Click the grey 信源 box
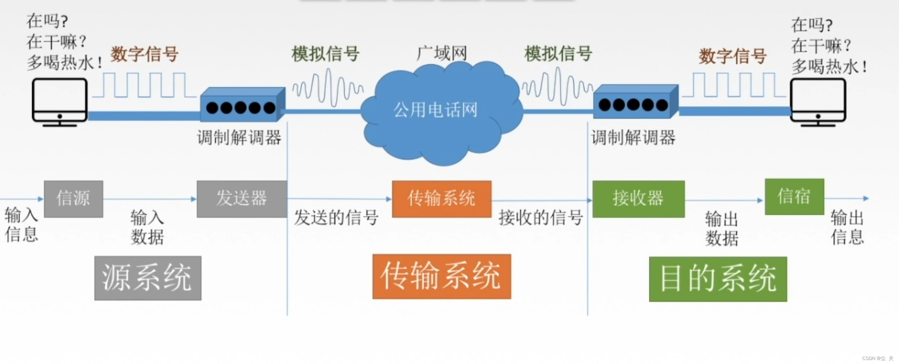[x=74, y=199]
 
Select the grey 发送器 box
[x=242, y=199]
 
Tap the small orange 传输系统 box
[x=441, y=199]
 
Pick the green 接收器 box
[x=638, y=199]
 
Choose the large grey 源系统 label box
[x=148, y=278]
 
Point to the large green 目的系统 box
[x=718, y=279]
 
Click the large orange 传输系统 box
[x=441, y=276]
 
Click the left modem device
[x=242, y=105]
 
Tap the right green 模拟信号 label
[x=558, y=54]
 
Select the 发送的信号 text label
[x=336, y=218]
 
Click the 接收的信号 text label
[x=540, y=218]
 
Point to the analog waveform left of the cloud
[x=327, y=88]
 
